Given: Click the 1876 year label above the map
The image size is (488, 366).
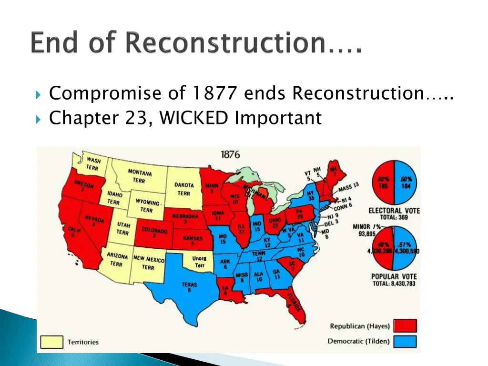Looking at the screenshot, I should [x=230, y=155].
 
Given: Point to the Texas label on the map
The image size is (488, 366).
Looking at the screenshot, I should [x=189, y=287].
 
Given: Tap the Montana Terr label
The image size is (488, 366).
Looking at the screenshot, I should [x=139, y=176].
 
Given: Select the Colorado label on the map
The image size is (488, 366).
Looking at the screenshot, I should [x=154, y=233].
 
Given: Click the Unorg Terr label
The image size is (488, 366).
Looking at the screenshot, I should [x=199, y=262].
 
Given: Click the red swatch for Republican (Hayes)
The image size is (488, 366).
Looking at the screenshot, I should [x=406, y=326].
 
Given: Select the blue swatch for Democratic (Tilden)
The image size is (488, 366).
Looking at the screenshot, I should [x=406, y=342].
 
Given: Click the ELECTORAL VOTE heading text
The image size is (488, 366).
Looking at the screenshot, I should [x=394, y=211].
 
